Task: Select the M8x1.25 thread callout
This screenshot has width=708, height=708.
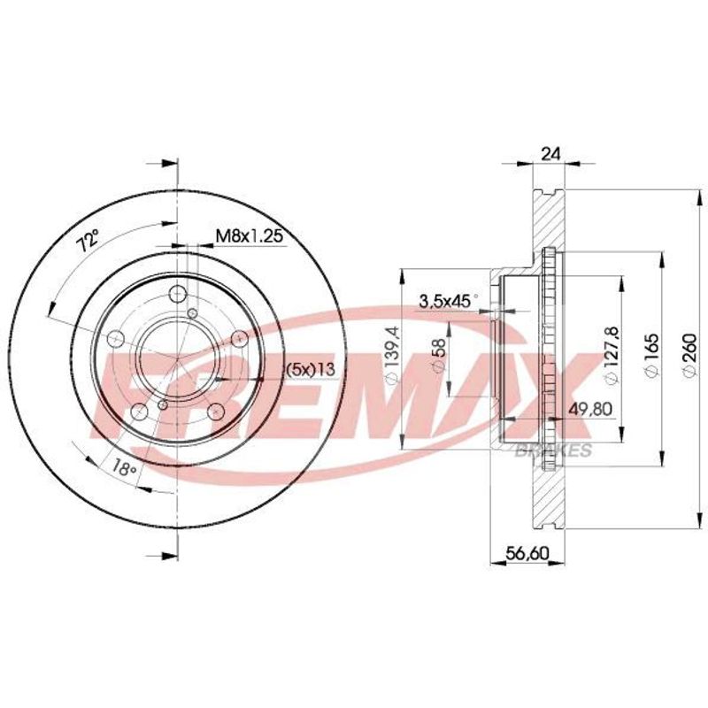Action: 250,235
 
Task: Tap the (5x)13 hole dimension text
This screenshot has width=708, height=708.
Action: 312,370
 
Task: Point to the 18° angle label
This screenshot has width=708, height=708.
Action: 124,468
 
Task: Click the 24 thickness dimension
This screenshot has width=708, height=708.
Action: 550,154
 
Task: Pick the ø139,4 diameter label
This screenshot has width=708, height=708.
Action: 392,355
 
